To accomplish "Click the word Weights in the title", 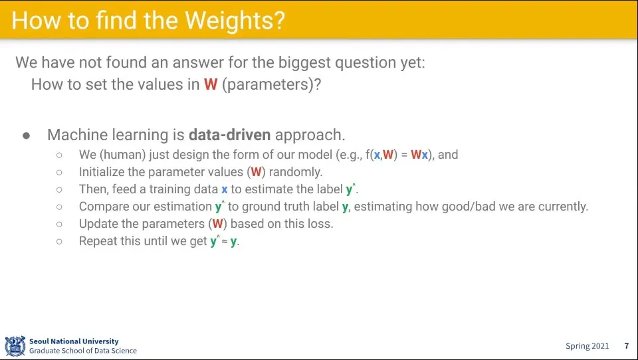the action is [x=235, y=21].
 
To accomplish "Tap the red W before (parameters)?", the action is [x=211, y=84].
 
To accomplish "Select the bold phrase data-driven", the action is [x=229, y=135].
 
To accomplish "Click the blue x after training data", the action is [x=224, y=189].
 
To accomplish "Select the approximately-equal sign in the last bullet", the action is [x=225, y=242].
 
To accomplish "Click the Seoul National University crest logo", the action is [x=15, y=346].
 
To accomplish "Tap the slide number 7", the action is [x=627, y=346].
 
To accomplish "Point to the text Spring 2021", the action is [x=587, y=346].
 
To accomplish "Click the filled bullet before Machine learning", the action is [x=27, y=135].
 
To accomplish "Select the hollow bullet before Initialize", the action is [x=59, y=173].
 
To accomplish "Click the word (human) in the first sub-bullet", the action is [x=122, y=155].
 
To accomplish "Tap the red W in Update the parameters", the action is [x=218, y=224].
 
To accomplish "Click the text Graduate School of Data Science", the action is [x=83, y=351].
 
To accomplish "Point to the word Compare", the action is [x=104, y=207].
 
